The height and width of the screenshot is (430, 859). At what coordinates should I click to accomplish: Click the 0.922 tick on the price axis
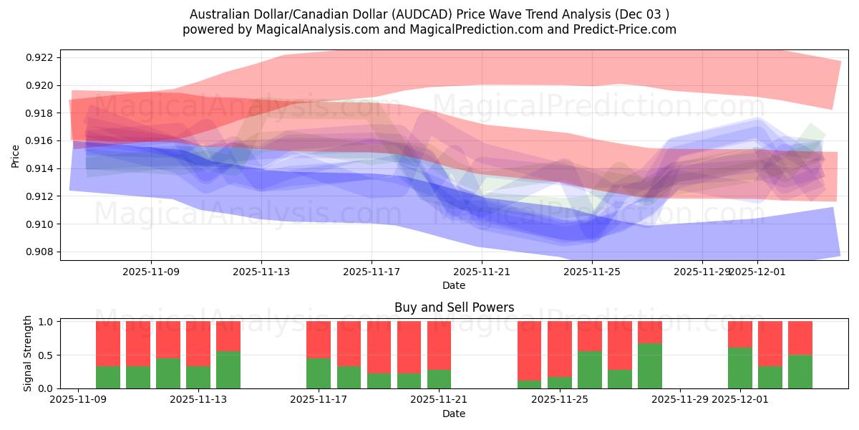pyautogui.click(x=42, y=57)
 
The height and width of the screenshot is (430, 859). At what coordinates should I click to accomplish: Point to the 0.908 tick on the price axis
pyautogui.click(x=42, y=252)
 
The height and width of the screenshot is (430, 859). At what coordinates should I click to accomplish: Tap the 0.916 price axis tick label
pyautogui.click(x=42, y=140)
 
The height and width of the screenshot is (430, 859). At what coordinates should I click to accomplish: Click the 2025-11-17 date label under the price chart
pyautogui.click(x=372, y=272)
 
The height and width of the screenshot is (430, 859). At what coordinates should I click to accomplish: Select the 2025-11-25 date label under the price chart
pyautogui.click(x=592, y=272)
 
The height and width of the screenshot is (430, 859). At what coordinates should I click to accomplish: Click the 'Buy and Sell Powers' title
pyautogui.click(x=454, y=307)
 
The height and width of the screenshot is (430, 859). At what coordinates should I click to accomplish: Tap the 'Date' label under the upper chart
pyautogui.click(x=454, y=285)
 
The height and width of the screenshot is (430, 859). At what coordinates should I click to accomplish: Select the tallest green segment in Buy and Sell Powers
pyautogui.click(x=650, y=365)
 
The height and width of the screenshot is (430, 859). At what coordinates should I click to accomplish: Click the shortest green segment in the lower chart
pyautogui.click(x=530, y=384)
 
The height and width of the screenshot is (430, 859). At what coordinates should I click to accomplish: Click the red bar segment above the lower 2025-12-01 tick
pyautogui.click(x=740, y=334)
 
